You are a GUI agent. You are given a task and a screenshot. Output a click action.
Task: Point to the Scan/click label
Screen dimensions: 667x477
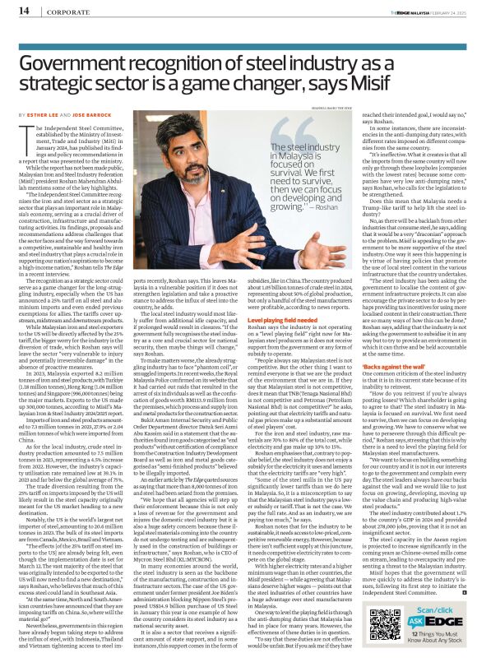tap(436, 604)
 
